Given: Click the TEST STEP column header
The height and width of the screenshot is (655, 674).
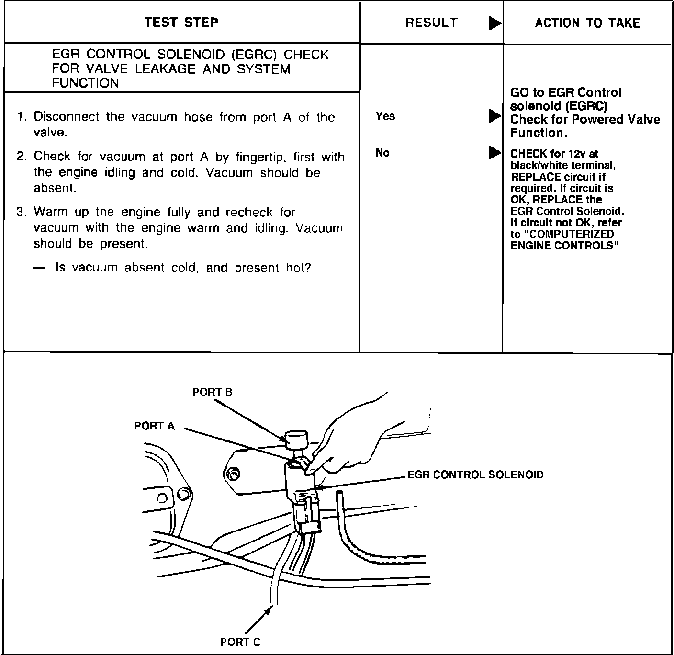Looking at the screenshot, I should point(181,23).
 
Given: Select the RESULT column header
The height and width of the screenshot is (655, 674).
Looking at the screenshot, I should point(431,23).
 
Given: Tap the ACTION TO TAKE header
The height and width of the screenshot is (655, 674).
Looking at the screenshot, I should point(587,23).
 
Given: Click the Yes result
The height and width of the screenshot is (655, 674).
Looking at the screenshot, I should point(385,116).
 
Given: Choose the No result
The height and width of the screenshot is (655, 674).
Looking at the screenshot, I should point(382,153).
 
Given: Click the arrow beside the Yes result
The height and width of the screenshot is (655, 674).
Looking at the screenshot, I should point(494,116).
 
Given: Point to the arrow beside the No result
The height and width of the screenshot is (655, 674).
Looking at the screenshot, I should point(494,153).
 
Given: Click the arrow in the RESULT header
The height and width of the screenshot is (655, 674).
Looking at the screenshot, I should point(495,23).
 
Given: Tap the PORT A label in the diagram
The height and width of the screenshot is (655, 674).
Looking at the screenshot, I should point(154,426).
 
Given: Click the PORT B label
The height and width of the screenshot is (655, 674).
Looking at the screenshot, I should point(212,392).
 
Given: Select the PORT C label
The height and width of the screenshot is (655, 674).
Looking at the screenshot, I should point(240,642).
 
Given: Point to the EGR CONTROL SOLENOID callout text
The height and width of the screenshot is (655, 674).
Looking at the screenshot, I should point(475,475).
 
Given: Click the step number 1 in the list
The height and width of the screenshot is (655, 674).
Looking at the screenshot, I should point(21,117).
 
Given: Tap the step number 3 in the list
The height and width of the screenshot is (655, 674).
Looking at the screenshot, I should point(21,212).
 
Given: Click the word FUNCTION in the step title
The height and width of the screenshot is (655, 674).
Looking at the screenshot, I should point(85,83).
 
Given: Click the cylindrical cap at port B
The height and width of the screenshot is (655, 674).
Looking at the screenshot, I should point(297,438).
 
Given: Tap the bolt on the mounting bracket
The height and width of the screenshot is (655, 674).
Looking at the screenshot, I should point(232,474).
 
